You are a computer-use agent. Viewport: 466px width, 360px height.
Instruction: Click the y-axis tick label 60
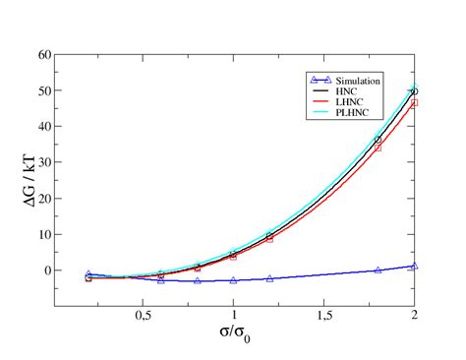pos(44,54)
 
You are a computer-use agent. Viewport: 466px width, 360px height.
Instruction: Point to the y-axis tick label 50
pos(44,90)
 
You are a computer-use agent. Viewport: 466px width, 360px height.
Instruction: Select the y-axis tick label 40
pos(44,126)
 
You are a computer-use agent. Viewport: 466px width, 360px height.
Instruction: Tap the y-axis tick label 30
pos(44,162)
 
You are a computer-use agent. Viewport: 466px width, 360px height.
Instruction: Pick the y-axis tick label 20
pos(44,198)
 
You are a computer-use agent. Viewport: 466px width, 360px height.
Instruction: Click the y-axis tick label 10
pos(44,234)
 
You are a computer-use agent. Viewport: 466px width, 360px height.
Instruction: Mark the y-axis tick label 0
pos(47,270)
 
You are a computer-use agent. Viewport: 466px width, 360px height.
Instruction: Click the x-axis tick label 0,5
pos(144,317)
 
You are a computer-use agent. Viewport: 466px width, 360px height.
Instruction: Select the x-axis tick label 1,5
pos(323,317)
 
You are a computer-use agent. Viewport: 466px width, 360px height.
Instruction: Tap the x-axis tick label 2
pos(414,317)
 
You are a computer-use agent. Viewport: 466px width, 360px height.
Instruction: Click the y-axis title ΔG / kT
pos(22,181)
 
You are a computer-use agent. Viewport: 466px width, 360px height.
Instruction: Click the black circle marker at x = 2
pos(414,91)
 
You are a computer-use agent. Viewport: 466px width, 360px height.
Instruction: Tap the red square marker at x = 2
pos(414,102)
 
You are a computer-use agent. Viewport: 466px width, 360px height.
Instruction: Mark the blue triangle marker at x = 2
pos(414,266)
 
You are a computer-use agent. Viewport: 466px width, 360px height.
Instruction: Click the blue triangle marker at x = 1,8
pos(378,270)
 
